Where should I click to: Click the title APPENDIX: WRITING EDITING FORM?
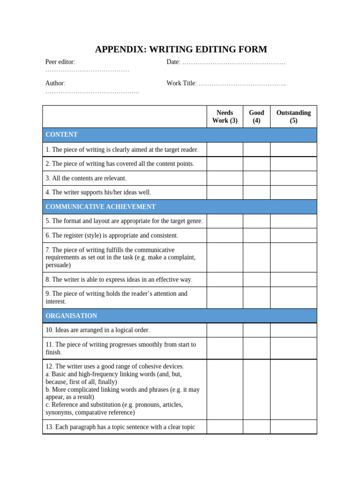pos(181,49)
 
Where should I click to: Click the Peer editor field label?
pos(60,62)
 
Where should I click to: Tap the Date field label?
pos(173,62)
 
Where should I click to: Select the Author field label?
pos(55,83)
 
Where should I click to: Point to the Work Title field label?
pos(181,83)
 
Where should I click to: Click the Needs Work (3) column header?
pos(225,117)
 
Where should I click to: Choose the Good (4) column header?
pos(256,117)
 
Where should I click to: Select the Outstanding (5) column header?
pos(293,117)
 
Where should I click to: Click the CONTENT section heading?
pos(61,135)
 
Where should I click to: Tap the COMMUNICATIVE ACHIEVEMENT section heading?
pos(100,207)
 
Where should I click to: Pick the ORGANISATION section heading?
pos(71,316)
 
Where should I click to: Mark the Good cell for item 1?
pos(256,150)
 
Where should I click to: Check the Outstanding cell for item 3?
pos(293,178)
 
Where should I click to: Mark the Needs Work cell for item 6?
pos(225,235)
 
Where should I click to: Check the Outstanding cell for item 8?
pos(293,279)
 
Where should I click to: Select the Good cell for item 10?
pos(256,330)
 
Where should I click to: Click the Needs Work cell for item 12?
pos(225,390)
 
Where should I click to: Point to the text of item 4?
pos(98,192)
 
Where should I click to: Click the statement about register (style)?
pos(112,235)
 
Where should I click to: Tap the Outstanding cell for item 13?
pos(293,427)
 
